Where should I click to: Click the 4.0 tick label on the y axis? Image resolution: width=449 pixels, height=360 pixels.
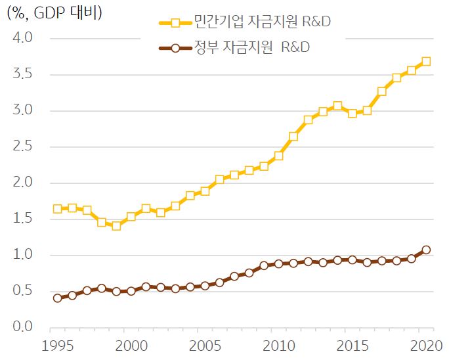click(x=23, y=39)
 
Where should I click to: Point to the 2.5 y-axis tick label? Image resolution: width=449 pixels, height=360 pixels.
click(x=23, y=147)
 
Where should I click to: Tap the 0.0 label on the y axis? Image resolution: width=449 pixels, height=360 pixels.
click(x=23, y=327)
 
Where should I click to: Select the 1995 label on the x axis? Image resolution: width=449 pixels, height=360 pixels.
click(x=58, y=346)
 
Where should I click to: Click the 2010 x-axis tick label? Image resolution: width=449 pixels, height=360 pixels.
click(x=279, y=346)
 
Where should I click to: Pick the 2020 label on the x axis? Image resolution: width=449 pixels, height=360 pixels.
click(x=426, y=346)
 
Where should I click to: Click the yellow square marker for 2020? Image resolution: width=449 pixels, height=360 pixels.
click(x=426, y=61)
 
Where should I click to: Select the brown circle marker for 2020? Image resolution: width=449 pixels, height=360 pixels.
click(x=426, y=250)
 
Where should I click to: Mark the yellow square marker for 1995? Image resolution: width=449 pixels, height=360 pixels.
click(x=58, y=209)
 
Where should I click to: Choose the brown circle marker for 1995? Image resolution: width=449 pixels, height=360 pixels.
click(x=58, y=298)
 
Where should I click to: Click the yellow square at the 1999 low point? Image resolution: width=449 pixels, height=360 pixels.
click(x=116, y=226)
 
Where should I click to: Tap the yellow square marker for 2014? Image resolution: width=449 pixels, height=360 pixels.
click(x=337, y=106)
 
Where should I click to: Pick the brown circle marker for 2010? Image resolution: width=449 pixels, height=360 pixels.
click(x=278, y=263)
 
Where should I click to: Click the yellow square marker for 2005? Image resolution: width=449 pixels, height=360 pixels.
click(x=205, y=191)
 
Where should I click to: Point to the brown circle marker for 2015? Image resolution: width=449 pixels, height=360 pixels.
click(x=353, y=259)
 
